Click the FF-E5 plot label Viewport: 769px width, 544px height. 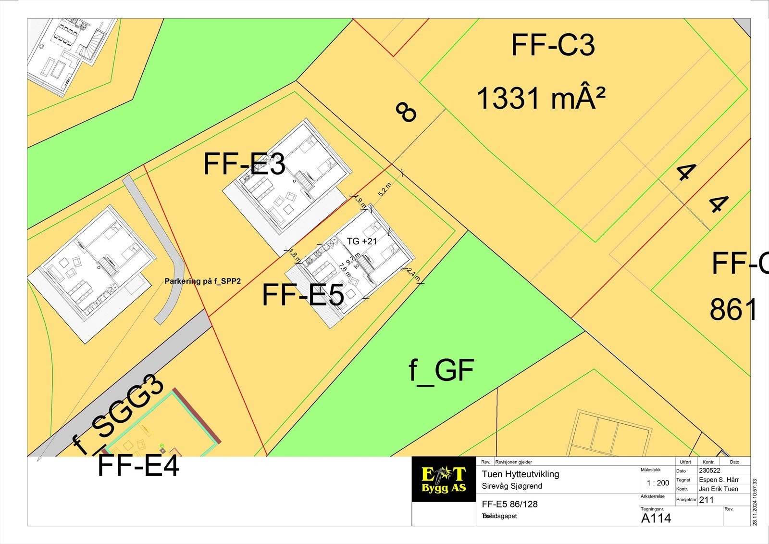click(x=303, y=295)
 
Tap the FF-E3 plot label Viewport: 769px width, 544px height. click(x=244, y=164)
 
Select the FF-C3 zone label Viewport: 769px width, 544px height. click(x=553, y=45)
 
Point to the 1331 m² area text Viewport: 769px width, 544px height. click(x=541, y=98)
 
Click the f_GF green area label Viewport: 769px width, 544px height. click(x=441, y=370)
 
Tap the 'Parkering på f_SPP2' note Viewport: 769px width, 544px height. click(x=202, y=281)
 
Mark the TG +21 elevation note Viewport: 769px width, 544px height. click(x=362, y=241)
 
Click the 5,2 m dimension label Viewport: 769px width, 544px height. click(x=385, y=190)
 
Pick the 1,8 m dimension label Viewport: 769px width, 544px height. click(x=294, y=256)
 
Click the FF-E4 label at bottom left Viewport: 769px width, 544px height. click(x=138, y=466)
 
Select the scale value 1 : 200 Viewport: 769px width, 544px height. click(x=658, y=483)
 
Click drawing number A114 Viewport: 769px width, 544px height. click(x=656, y=518)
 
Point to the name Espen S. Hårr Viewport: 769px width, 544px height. click(x=719, y=480)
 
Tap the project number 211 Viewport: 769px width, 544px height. click(x=706, y=500)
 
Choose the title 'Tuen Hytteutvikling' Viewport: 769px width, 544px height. click(x=521, y=474)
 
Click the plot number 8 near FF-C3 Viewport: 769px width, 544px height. click(x=406, y=112)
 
